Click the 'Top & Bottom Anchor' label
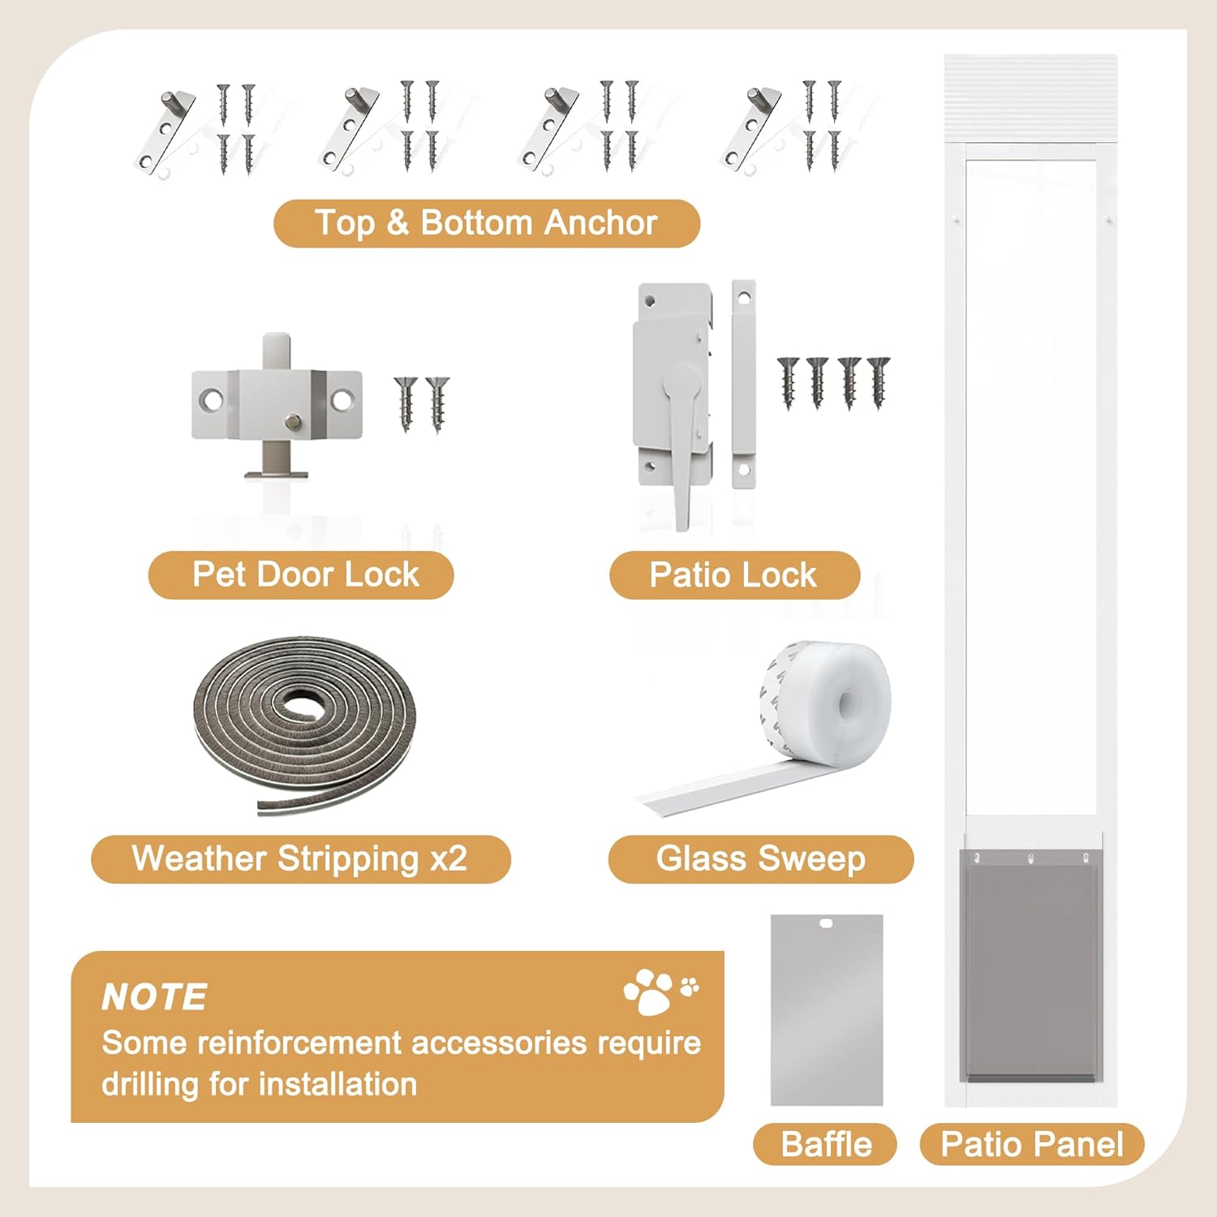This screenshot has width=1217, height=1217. point(486,223)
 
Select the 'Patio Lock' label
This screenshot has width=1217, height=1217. point(733,574)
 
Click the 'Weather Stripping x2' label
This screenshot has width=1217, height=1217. point(300,858)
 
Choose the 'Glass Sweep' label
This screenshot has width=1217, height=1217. point(760,858)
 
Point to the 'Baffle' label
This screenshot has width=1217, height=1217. point(825,1144)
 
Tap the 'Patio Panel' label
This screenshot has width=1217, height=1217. point(1031,1144)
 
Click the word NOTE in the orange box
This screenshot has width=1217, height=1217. point(154,997)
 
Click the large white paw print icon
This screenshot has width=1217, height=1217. point(649,991)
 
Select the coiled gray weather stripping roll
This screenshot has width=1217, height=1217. point(304,722)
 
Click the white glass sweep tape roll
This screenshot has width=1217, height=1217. point(828,702)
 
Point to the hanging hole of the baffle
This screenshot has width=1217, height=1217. point(826,922)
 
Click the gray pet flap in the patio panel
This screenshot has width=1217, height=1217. point(1030,965)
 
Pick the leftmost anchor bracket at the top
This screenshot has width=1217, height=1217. point(166,130)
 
